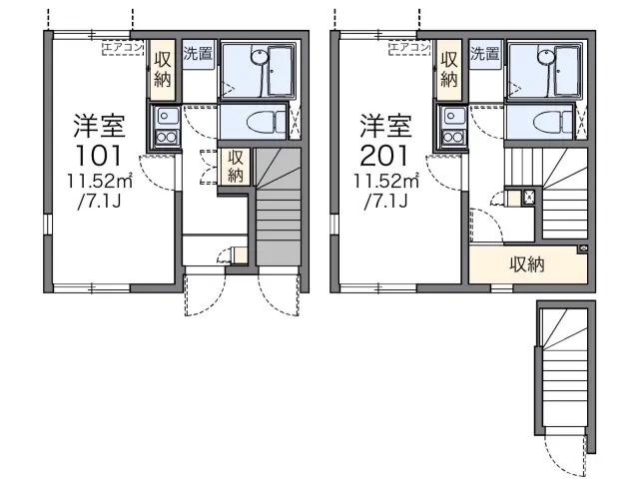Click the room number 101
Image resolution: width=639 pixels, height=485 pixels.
point(99,155)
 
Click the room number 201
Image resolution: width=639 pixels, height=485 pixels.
point(383,155)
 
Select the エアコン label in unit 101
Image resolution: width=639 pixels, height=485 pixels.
point(123,48)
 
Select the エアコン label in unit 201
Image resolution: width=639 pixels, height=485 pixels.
point(409,48)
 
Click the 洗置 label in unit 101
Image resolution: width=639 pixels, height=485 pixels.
point(198,53)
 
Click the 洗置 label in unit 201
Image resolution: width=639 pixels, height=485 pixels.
point(484,53)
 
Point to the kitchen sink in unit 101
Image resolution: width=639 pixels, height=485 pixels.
point(165,116)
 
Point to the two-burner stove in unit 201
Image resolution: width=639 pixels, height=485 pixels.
point(452,138)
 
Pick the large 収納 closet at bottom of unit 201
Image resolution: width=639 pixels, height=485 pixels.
point(528,264)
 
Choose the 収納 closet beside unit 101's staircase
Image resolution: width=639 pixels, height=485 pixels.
point(236,167)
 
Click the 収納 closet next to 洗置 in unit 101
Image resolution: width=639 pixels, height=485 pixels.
point(163,70)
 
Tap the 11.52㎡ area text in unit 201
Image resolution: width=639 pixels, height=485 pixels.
point(386,181)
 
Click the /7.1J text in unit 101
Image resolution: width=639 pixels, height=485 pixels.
point(99,202)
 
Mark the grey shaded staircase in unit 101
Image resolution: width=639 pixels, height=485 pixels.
point(279,207)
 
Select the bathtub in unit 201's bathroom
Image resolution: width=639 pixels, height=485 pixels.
point(567,69)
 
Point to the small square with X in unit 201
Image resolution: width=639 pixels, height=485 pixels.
point(528,198)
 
